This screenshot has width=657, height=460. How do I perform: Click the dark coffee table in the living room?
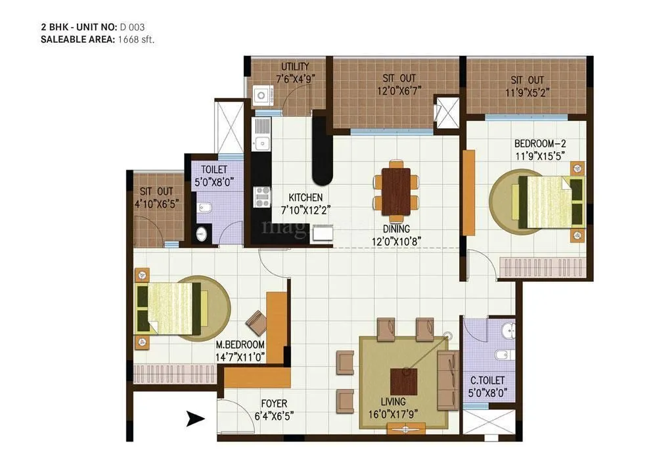coord(404,381)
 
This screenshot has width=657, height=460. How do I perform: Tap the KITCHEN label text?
coord(306,197)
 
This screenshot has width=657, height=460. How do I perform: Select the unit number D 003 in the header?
coord(132,27)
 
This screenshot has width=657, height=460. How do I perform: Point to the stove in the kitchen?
coord(261,195)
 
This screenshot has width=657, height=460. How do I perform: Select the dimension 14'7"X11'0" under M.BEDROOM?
coord(242,357)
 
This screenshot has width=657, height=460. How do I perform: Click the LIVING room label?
coord(392,402)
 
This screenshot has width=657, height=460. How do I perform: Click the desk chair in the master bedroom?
coord(256,321)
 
